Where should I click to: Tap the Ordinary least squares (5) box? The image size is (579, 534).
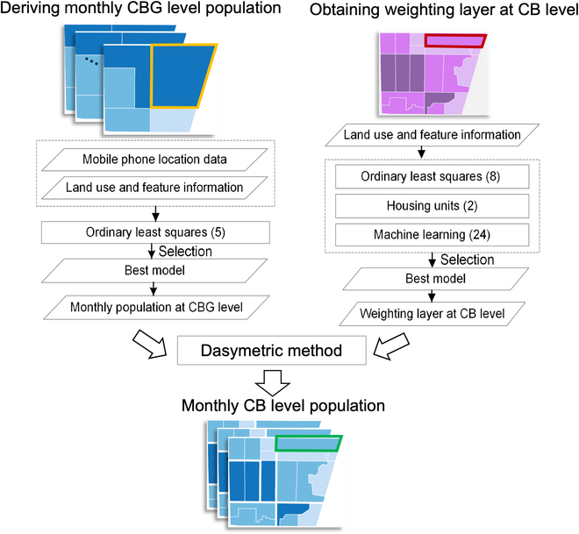point(154,232)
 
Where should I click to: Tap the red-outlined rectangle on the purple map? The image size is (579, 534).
point(454,40)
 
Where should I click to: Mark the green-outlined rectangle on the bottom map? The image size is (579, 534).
point(308,443)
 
